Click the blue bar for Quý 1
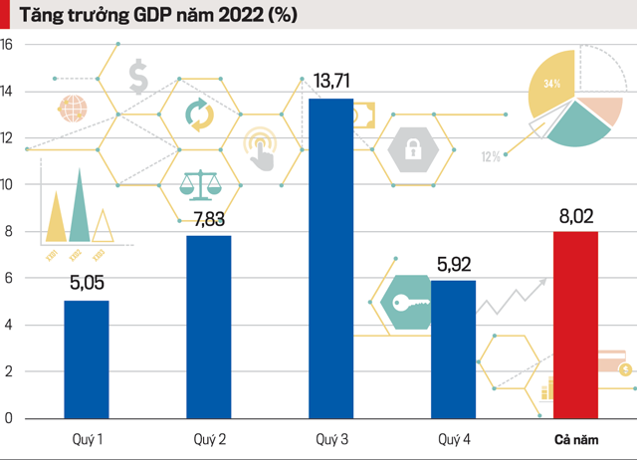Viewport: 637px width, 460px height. point(87,359)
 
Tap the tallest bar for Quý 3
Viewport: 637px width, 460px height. point(330,258)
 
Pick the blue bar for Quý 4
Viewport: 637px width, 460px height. point(453,348)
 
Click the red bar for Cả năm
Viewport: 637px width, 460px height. point(575,325)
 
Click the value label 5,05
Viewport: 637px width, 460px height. point(87,285)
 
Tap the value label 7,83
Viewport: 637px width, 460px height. point(209,220)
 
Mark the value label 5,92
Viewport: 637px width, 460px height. point(453,265)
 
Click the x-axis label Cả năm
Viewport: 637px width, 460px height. point(575,440)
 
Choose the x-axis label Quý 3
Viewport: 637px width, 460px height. point(330,440)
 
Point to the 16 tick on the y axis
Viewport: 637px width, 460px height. point(7,45)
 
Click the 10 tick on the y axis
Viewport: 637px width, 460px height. point(7,185)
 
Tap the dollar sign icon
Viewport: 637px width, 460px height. point(138,76)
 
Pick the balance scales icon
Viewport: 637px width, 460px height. point(200,183)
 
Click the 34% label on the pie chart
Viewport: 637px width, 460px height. point(550,84)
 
